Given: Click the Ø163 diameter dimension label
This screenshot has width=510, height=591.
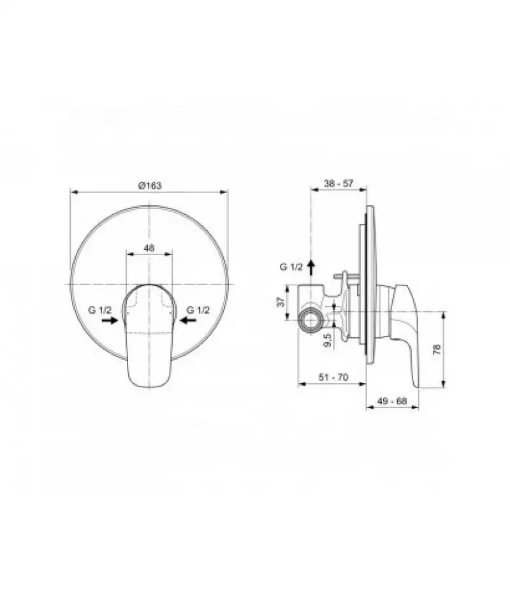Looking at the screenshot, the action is click(x=150, y=185).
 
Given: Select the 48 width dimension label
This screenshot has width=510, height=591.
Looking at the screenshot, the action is click(x=149, y=248).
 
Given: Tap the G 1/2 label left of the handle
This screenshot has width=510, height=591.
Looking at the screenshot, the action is click(x=100, y=310).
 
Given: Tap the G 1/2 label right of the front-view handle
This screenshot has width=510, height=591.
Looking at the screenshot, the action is click(x=198, y=310).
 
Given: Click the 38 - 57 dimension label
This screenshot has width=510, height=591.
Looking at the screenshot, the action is click(x=339, y=183).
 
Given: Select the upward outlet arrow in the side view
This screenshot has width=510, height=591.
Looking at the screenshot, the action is click(x=311, y=267).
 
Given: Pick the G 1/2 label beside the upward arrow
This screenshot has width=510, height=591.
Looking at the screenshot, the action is click(x=291, y=267).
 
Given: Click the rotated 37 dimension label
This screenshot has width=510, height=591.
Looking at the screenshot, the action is click(x=280, y=302).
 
